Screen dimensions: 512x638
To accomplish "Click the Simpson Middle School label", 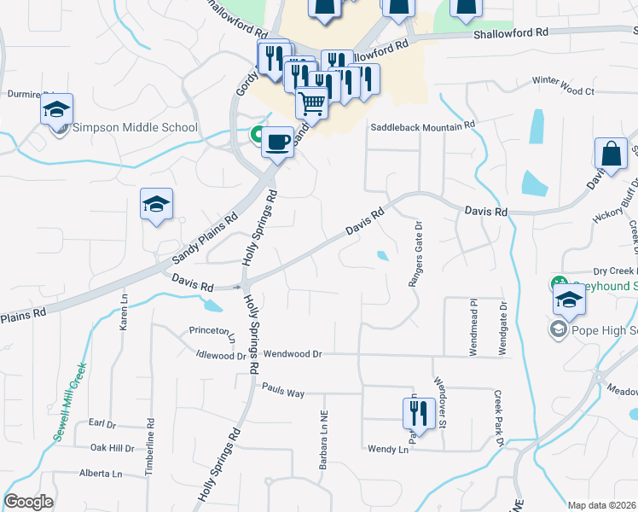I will click(135, 128).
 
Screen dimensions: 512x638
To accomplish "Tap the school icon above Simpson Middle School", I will click(56, 110).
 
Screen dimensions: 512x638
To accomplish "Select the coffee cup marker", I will click(276, 142).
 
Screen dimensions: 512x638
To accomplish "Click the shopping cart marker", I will click(312, 104).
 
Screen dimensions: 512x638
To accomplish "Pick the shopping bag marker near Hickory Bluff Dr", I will click(611, 154).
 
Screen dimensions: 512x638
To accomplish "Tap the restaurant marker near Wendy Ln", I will click(414, 413).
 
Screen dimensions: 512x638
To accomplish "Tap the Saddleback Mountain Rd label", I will click(422, 126).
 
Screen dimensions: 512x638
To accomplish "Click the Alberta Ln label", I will click(101, 474).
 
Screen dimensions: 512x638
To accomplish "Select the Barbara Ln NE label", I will click(324, 440).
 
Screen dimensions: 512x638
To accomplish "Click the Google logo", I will click(28, 502).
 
